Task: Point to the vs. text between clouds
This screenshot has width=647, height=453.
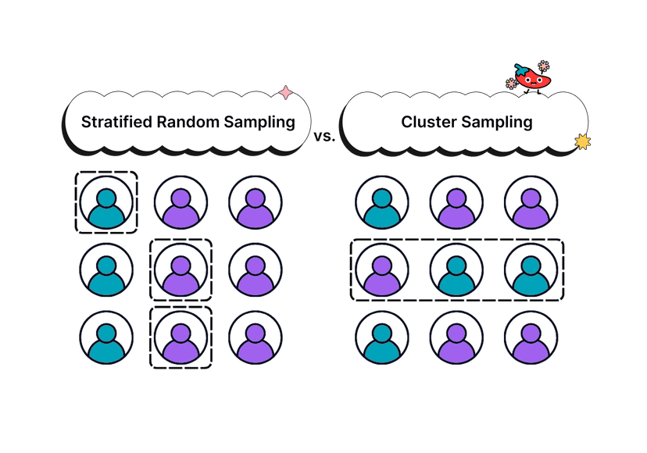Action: (323, 137)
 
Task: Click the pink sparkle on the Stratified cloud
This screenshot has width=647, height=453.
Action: (286, 93)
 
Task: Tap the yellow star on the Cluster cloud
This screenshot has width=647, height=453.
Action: (582, 141)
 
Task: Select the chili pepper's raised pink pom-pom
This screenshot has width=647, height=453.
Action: (544, 65)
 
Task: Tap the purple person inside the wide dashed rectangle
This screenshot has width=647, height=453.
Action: (381, 271)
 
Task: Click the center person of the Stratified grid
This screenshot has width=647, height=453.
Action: (181, 271)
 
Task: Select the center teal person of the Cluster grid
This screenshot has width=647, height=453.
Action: (456, 271)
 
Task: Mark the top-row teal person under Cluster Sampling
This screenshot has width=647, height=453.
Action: (381, 205)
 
